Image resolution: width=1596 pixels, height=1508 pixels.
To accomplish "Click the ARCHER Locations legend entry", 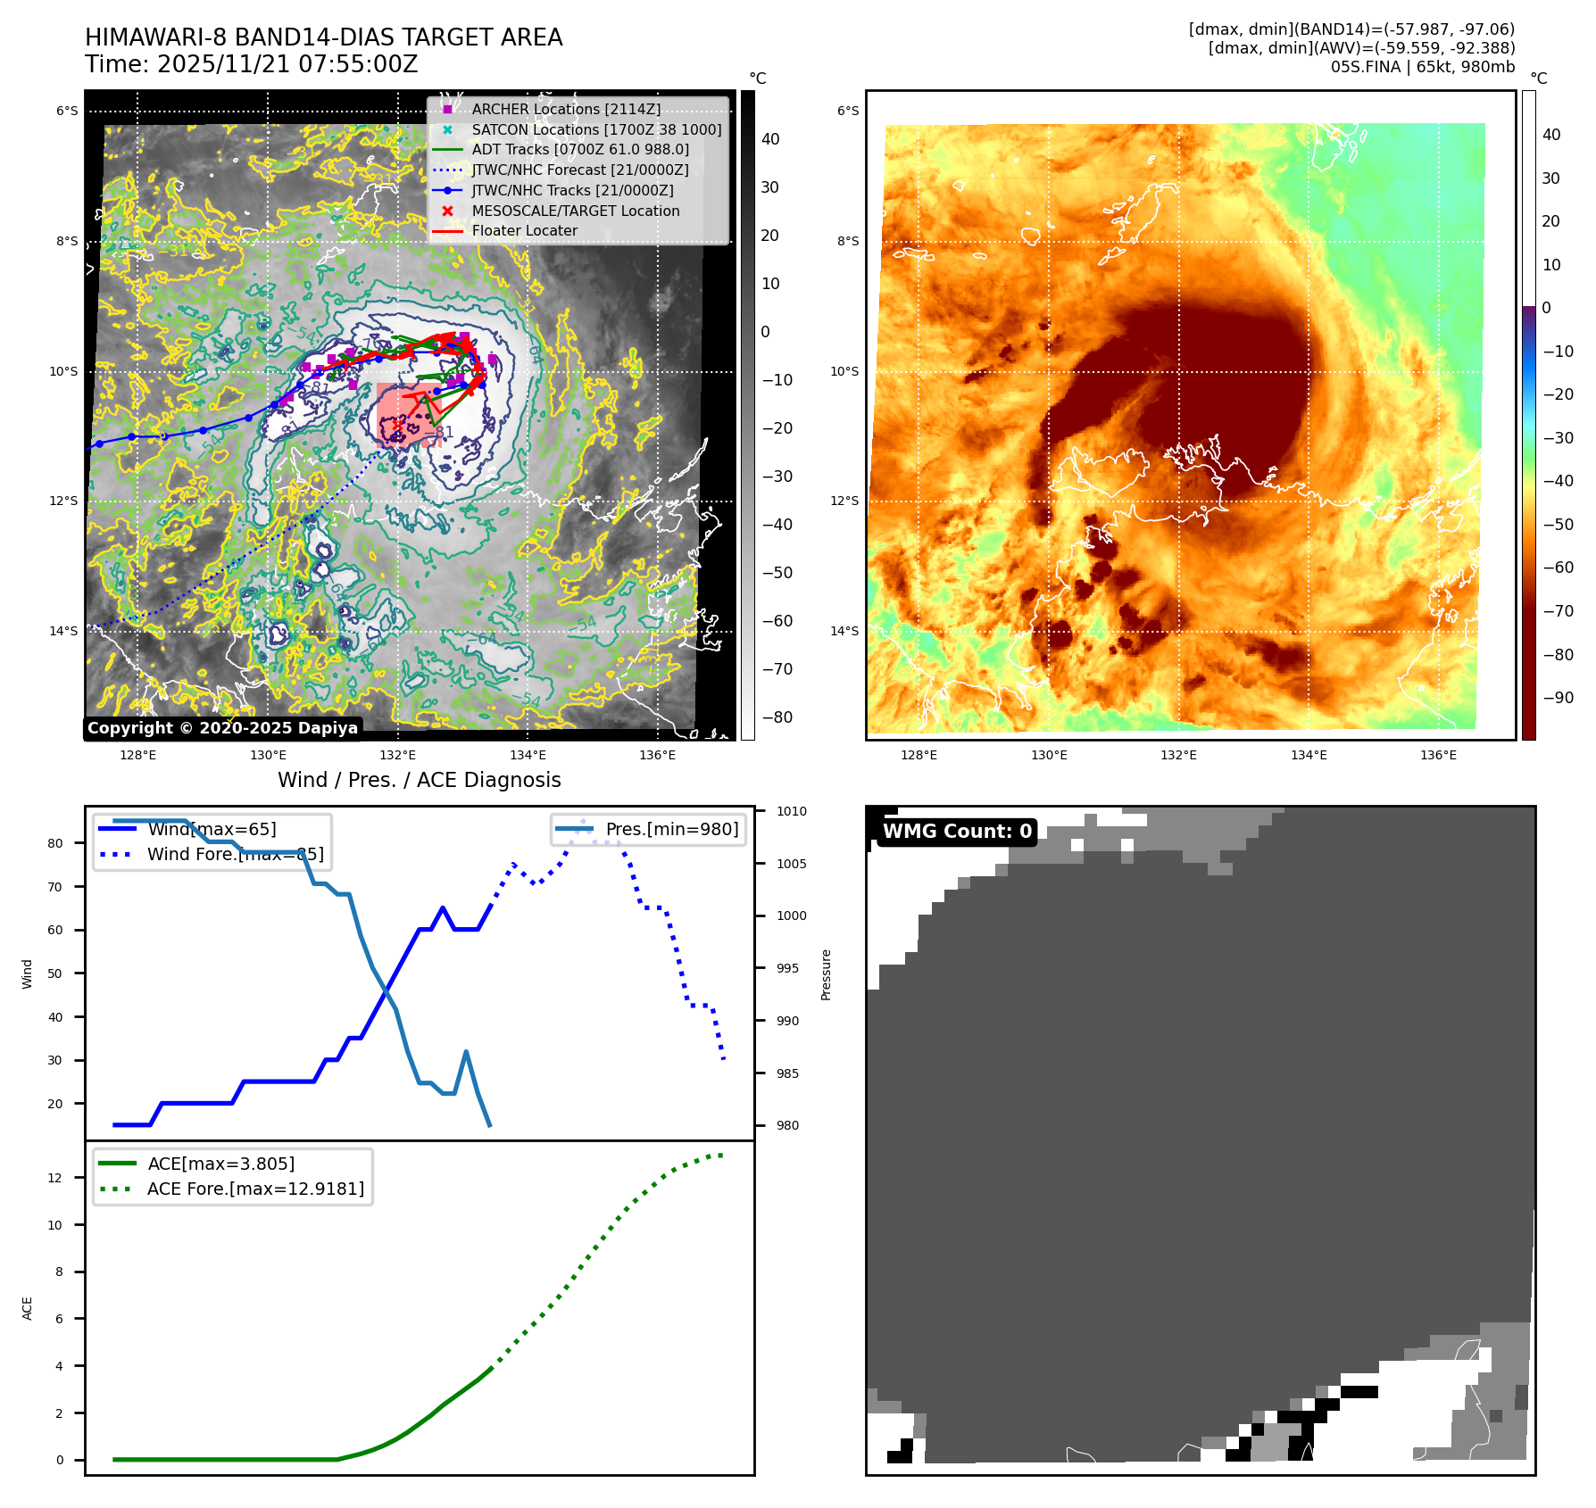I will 566,109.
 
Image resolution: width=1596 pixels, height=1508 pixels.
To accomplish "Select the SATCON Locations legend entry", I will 596,129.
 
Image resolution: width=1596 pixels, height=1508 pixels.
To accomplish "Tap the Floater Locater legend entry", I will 524,230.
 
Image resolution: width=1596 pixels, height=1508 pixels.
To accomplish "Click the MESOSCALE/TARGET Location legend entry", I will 575,211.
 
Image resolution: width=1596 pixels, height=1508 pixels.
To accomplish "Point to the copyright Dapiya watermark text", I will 222,728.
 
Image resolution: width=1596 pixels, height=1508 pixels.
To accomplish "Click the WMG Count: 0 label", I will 957,832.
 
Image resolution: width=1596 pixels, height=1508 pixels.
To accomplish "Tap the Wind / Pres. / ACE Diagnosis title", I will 420,780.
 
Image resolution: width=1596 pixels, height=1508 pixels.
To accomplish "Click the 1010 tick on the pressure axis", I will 791,811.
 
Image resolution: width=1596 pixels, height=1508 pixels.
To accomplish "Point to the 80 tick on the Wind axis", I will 55,843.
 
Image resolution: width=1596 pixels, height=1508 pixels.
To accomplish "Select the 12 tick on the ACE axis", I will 55,1178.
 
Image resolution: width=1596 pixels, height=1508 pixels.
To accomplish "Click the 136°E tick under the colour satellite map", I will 1438,755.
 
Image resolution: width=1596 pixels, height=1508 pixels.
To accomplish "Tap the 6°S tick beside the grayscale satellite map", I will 67,112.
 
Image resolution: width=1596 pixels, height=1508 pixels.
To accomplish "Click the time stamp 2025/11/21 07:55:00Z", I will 287,64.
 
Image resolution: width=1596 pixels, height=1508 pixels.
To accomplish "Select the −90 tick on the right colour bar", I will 1558,698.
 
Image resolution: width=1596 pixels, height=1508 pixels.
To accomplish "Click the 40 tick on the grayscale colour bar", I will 770,139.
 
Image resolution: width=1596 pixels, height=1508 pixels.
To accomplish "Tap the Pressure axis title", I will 827,974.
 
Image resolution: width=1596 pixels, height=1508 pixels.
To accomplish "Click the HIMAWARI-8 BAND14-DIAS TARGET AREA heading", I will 323,37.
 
